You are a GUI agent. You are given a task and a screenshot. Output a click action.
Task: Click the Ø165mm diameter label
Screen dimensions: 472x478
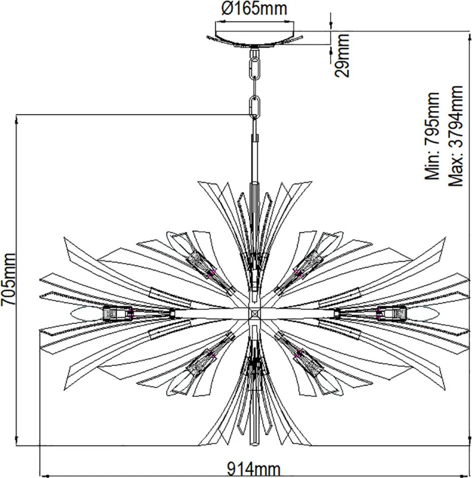click(254, 9)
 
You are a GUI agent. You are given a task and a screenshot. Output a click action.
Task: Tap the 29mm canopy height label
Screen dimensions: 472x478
click(342, 55)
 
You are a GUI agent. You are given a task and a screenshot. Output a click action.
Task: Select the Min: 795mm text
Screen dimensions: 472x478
click(432, 136)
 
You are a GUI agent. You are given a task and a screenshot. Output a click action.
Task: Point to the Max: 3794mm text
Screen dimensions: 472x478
click(455, 136)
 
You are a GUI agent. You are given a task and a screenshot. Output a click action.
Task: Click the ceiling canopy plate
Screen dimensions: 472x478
click(255, 39)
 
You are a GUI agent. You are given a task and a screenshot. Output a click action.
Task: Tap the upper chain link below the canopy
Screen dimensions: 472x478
click(255, 68)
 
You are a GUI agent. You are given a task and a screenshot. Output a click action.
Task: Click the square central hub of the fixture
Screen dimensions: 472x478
click(255, 313)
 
